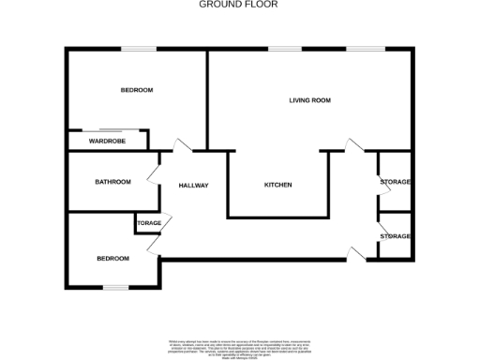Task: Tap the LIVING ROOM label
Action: tap(310, 100)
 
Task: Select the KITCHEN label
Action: tap(277, 185)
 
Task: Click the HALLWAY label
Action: tap(193, 186)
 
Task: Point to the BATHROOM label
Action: tap(112, 182)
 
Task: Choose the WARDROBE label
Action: tap(108, 142)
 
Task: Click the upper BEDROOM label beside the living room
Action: tap(137, 90)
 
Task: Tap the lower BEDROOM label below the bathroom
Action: tap(113, 258)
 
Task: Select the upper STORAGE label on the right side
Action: tap(396, 182)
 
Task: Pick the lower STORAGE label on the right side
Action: tap(396, 236)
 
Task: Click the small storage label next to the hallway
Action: tap(149, 223)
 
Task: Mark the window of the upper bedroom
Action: tap(138, 49)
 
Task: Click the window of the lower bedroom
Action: tap(115, 287)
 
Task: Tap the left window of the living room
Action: tap(285, 49)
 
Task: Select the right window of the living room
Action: tap(365, 49)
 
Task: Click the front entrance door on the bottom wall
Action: tap(354, 251)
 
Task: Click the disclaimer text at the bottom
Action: tap(240, 344)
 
